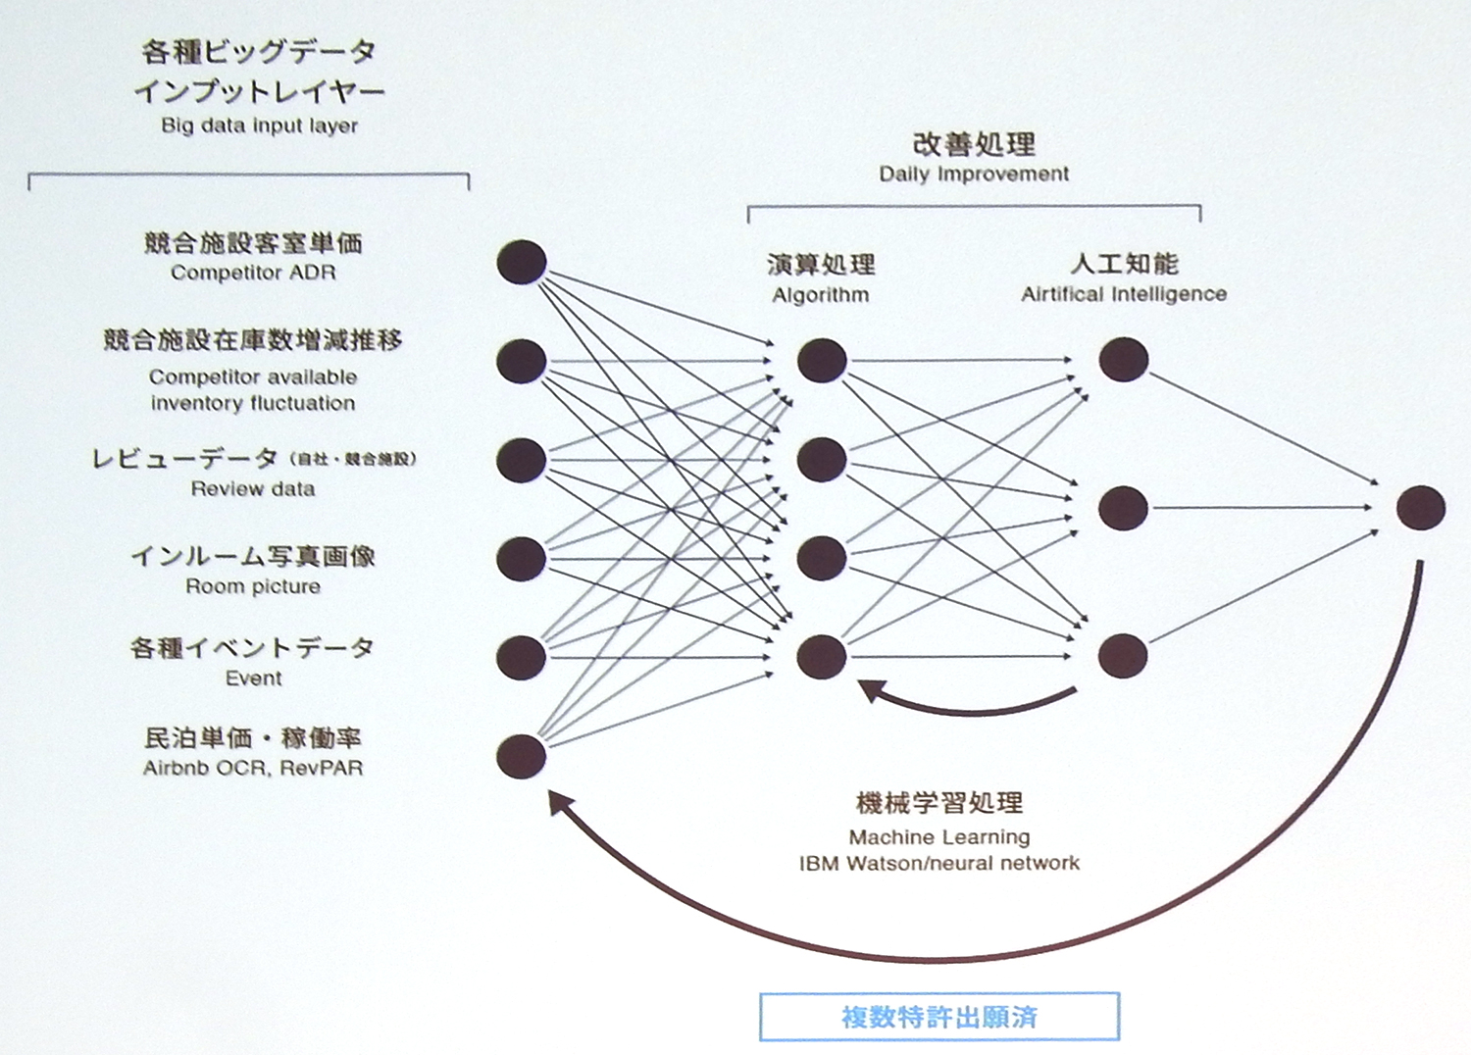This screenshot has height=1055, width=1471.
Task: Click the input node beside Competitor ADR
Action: pyautogui.click(x=522, y=262)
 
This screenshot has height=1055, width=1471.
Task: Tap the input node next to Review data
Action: pyautogui.click(x=522, y=460)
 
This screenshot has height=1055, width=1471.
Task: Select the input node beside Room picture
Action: pyautogui.click(x=522, y=559)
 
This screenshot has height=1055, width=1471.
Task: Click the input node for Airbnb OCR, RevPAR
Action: pyautogui.click(x=522, y=756)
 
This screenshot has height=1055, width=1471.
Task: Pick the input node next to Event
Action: pyautogui.click(x=522, y=657)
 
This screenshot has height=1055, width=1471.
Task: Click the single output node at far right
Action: pyautogui.click(x=1420, y=508)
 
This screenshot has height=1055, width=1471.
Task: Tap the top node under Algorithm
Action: pyautogui.click(x=822, y=361)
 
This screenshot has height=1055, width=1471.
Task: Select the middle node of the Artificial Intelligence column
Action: pyautogui.click(x=1123, y=508)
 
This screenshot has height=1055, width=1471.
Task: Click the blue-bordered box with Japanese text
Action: pyautogui.click(x=938, y=1017)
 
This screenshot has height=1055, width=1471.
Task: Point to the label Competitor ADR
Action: pyautogui.click(x=253, y=273)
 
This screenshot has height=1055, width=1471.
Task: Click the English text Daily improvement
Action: pyautogui.click(x=974, y=174)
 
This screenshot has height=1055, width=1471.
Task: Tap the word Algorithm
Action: pyautogui.click(x=820, y=294)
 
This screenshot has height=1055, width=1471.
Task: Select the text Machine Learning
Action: pyautogui.click(x=939, y=837)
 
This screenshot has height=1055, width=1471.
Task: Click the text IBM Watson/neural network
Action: pyautogui.click(x=938, y=864)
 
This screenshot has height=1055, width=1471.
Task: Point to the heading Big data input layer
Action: pyautogui.click(x=259, y=126)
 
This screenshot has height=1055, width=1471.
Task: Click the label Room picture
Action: pyautogui.click(x=253, y=586)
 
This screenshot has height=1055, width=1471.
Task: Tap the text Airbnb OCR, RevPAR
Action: pyautogui.click(x=253, y=768)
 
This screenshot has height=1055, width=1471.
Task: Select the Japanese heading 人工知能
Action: pyautogui.click(x=1124, y=264)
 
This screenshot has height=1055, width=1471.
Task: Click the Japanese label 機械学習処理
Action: pyautogui.click(x=938, y=804)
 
